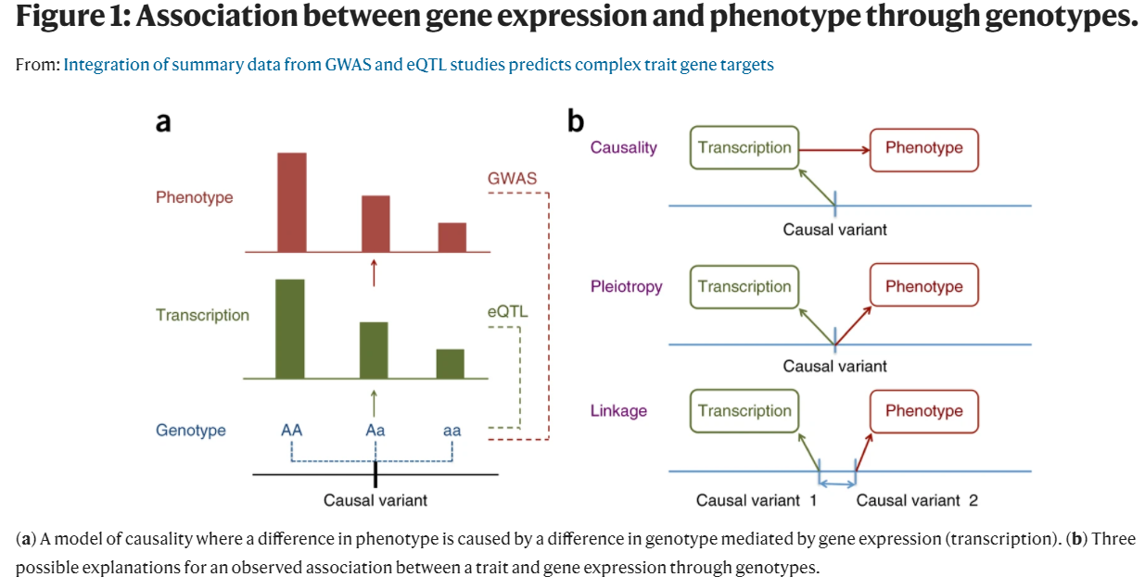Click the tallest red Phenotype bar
(292, 202)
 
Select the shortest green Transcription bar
(451, 363)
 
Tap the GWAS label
(512, 178)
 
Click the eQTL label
(507, 312)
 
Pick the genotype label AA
(292, 431)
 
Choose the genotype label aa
(452, 431)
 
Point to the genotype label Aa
(375, 431)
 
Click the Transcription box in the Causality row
(744, 148)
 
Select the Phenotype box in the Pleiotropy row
(923, 286)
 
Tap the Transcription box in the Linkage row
(744, 411)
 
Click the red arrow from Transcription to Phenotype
(833, 148)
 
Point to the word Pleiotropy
(627, 286)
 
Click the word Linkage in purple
(619, 410)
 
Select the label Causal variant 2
(917, 500)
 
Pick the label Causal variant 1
(756, 500)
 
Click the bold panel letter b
(576, 120)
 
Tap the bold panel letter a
(163, 121)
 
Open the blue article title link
(418, 65)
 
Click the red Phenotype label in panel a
(195, 197)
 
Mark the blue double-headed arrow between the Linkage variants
(837, 483)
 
